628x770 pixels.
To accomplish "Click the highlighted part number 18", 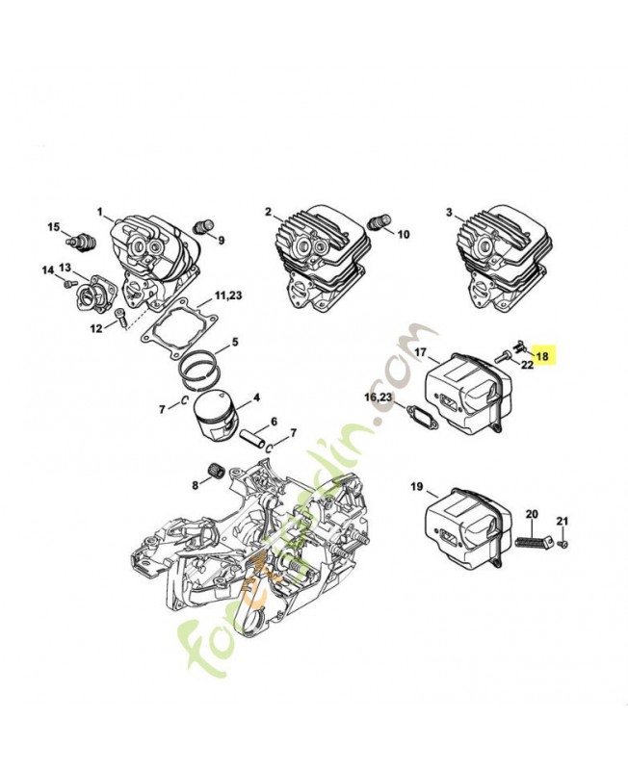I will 542,355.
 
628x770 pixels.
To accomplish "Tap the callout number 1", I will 99,212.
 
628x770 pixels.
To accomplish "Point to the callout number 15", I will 55,227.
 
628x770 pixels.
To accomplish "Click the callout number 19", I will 417,488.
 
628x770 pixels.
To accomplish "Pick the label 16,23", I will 378,397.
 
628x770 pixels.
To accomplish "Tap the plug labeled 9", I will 202,227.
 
